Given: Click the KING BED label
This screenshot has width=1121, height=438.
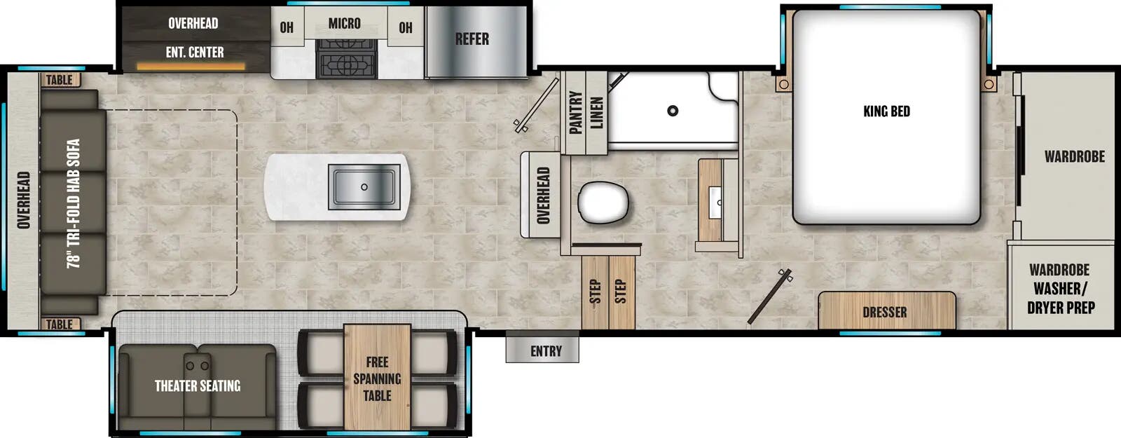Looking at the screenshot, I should coord(886,111).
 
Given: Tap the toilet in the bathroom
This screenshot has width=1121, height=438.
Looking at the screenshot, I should coord(603,203).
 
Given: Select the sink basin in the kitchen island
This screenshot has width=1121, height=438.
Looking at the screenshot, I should coord(364,187).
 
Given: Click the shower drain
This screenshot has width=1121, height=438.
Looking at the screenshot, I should coord(673,111).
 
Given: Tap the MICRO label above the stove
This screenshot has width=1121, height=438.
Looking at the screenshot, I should coord(345,23).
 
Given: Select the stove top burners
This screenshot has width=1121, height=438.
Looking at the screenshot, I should coord(347,59).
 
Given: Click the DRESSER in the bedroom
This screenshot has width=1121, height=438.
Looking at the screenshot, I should coord(886,311).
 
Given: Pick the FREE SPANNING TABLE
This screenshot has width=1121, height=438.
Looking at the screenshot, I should coord(377,378).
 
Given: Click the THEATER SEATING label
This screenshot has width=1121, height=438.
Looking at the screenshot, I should coord(198,385).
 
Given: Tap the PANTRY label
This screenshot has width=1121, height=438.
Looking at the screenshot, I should coord(576,112).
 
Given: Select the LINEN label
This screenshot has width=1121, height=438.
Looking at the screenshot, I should coord(596,112).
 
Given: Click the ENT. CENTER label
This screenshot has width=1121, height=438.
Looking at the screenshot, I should coord(195,52).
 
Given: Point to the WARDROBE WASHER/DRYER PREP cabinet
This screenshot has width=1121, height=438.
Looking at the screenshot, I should coord(1060,288).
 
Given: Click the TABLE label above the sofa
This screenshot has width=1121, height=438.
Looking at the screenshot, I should coord(60,80).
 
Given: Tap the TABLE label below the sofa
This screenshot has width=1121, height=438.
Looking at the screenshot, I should coord(60,324).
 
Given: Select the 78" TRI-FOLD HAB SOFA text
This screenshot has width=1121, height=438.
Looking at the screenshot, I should coord(73,203).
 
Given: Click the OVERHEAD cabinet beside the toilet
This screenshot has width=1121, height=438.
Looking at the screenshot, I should coord(542,196).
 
